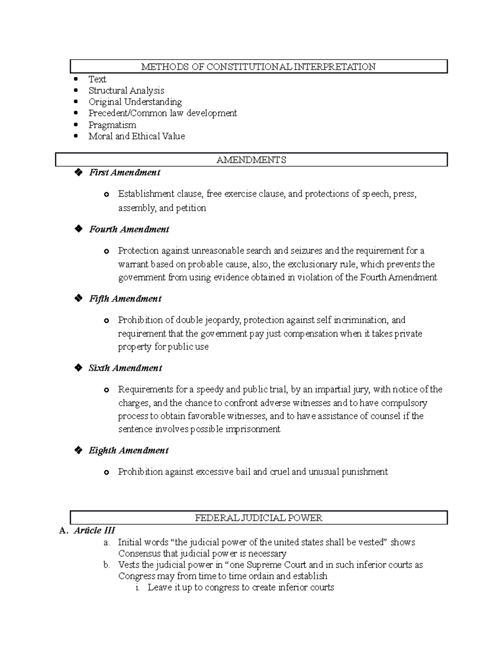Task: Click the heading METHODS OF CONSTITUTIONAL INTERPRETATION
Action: tap(258, 67)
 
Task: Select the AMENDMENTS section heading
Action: tap(251, 160)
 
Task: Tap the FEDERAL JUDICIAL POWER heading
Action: tap(258, 518)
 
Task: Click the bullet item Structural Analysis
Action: tap(126, 91)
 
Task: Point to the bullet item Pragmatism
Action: tap(112, 125)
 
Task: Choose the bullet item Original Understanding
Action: tap(135, 102)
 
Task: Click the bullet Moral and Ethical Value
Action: tap(136, 136)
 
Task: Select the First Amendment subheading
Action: tap(124, 173)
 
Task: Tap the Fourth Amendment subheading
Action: tap(129, 229)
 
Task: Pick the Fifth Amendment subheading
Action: tap(125, 299)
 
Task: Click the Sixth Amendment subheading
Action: tap(125, 368)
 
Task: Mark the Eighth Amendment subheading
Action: tap(128, 450)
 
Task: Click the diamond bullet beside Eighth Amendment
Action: tap(78, 450)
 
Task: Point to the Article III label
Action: tap(94, 530)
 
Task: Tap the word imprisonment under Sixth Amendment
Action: tap(253, 429)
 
